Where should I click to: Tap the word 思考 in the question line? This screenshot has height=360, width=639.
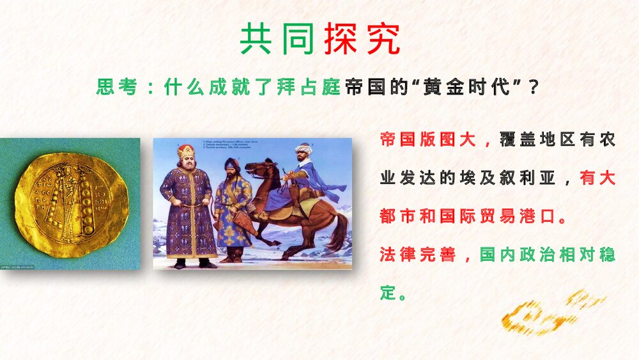[117, 87]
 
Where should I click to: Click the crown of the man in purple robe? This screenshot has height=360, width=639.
[186, 152]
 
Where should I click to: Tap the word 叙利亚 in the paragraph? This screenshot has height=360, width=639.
[527, 178]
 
